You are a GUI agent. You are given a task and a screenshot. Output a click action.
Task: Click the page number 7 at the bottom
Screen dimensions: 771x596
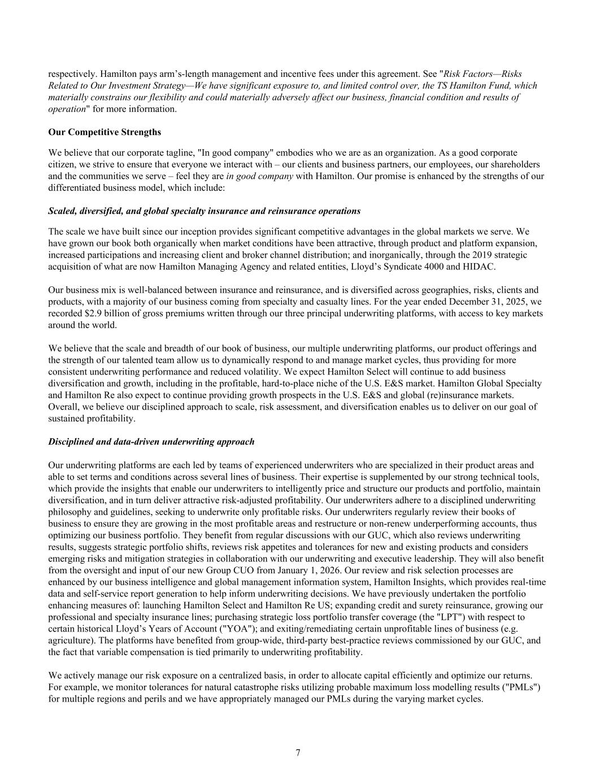tap(298, 752)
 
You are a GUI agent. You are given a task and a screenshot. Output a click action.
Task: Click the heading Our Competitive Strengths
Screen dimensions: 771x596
tap(105, 132)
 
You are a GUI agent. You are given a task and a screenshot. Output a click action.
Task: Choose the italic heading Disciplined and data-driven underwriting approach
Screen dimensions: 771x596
tap(151, 442)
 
